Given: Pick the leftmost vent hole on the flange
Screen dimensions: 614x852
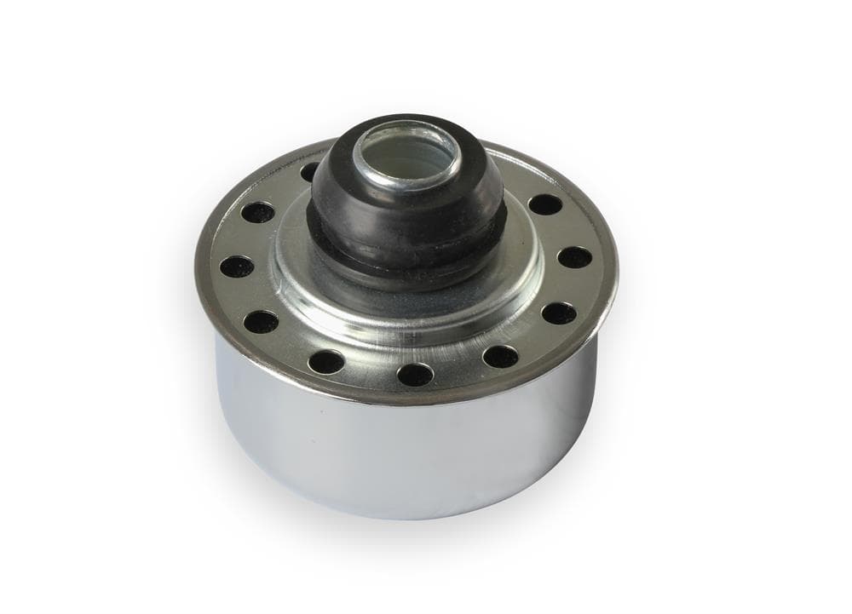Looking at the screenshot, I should tap(237, 266).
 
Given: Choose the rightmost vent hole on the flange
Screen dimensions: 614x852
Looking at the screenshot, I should tap(575, 257).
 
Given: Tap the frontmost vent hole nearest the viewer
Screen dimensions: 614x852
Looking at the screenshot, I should tap(415, 374).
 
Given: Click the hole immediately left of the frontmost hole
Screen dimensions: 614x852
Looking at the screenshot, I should tap(326, 361).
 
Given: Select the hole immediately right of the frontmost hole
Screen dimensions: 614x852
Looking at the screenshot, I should tap(500, 356).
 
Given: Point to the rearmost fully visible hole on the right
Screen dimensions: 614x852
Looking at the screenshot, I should tap(545, 204).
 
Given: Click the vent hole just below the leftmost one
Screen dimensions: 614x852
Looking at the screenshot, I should tap(262, 321).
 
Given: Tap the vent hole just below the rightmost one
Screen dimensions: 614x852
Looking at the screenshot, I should tap(558, 313).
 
